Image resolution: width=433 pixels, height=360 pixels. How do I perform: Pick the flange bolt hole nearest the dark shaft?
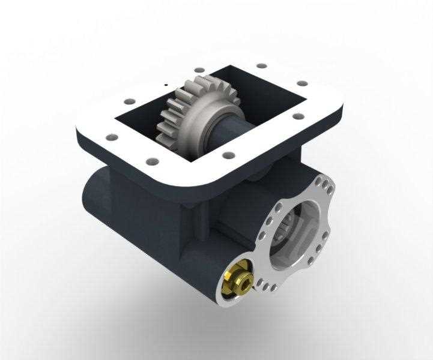[x=228, y=156]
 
